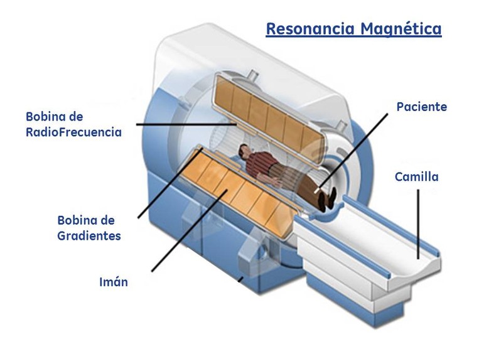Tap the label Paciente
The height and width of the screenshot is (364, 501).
pyautogui.click(x=421, y=107)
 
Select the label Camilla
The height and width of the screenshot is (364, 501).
pyautogui.click(x=416, y=177)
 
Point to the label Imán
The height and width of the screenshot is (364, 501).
pyautogui.click(x=114, y=282)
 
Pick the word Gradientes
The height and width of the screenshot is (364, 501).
pyautogui.click(x=89, y=236)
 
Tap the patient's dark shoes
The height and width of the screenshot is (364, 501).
pyautogui.click(x=325, y=200)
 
